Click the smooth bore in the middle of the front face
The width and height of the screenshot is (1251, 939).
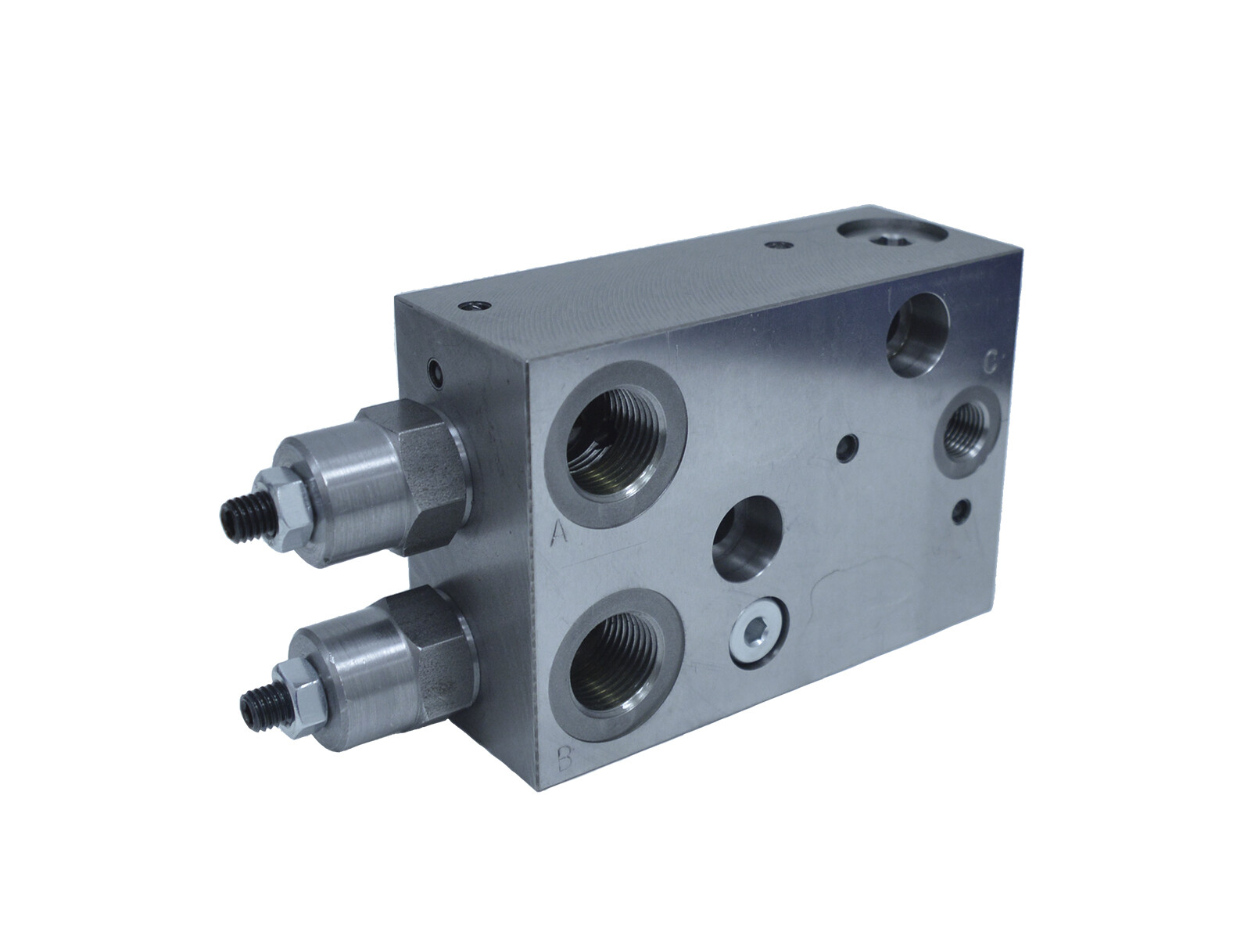(748, 538)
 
